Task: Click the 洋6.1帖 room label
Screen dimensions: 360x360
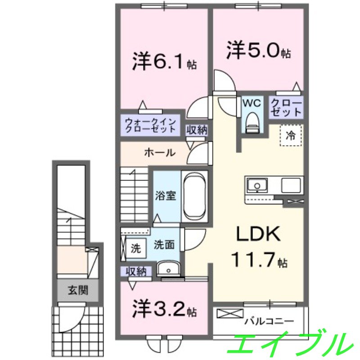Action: [x=164, y=62]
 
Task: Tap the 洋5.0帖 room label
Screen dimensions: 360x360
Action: [x=258, y=50]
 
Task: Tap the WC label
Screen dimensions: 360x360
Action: [x=252, y=103]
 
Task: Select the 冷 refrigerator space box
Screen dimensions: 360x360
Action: [x=291, y=135]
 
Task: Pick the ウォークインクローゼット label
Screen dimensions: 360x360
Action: [x=150, y=125]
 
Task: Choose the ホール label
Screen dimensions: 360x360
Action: [x=159, y=153]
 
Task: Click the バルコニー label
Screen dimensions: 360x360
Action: [x=269, y=321]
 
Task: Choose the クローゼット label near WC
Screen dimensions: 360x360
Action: [x=287, y=108]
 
